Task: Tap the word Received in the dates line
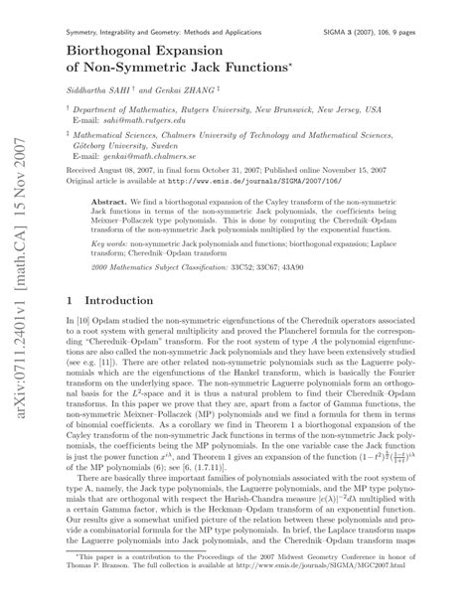[x=82, y=168]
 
